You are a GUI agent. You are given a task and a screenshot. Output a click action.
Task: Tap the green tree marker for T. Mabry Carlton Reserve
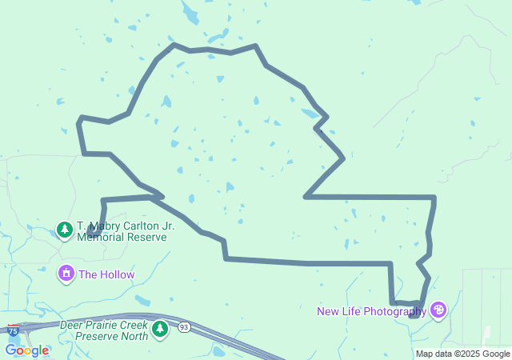[64, 230]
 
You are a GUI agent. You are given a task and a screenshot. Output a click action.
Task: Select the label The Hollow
[106, 274]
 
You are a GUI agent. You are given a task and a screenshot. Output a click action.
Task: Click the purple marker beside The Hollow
[66, 274]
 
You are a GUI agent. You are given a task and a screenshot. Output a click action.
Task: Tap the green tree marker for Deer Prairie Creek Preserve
[160, 329]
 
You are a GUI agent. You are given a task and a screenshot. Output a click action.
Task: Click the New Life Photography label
[371, 311]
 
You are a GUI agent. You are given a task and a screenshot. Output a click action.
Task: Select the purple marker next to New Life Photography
[438, 310]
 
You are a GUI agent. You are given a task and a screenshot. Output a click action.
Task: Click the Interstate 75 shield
[13, 330]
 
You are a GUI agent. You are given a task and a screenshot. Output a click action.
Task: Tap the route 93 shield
[184, 327]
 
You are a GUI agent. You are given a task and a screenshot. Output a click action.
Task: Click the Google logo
[26, 350]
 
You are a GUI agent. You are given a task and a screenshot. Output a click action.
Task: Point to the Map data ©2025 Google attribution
[462, 354]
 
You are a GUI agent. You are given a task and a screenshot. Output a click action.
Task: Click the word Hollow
[117, 274]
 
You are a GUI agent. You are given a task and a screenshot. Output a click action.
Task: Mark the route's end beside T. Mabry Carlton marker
[90, 233]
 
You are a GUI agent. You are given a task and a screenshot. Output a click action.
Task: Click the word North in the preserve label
[134, 336]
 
